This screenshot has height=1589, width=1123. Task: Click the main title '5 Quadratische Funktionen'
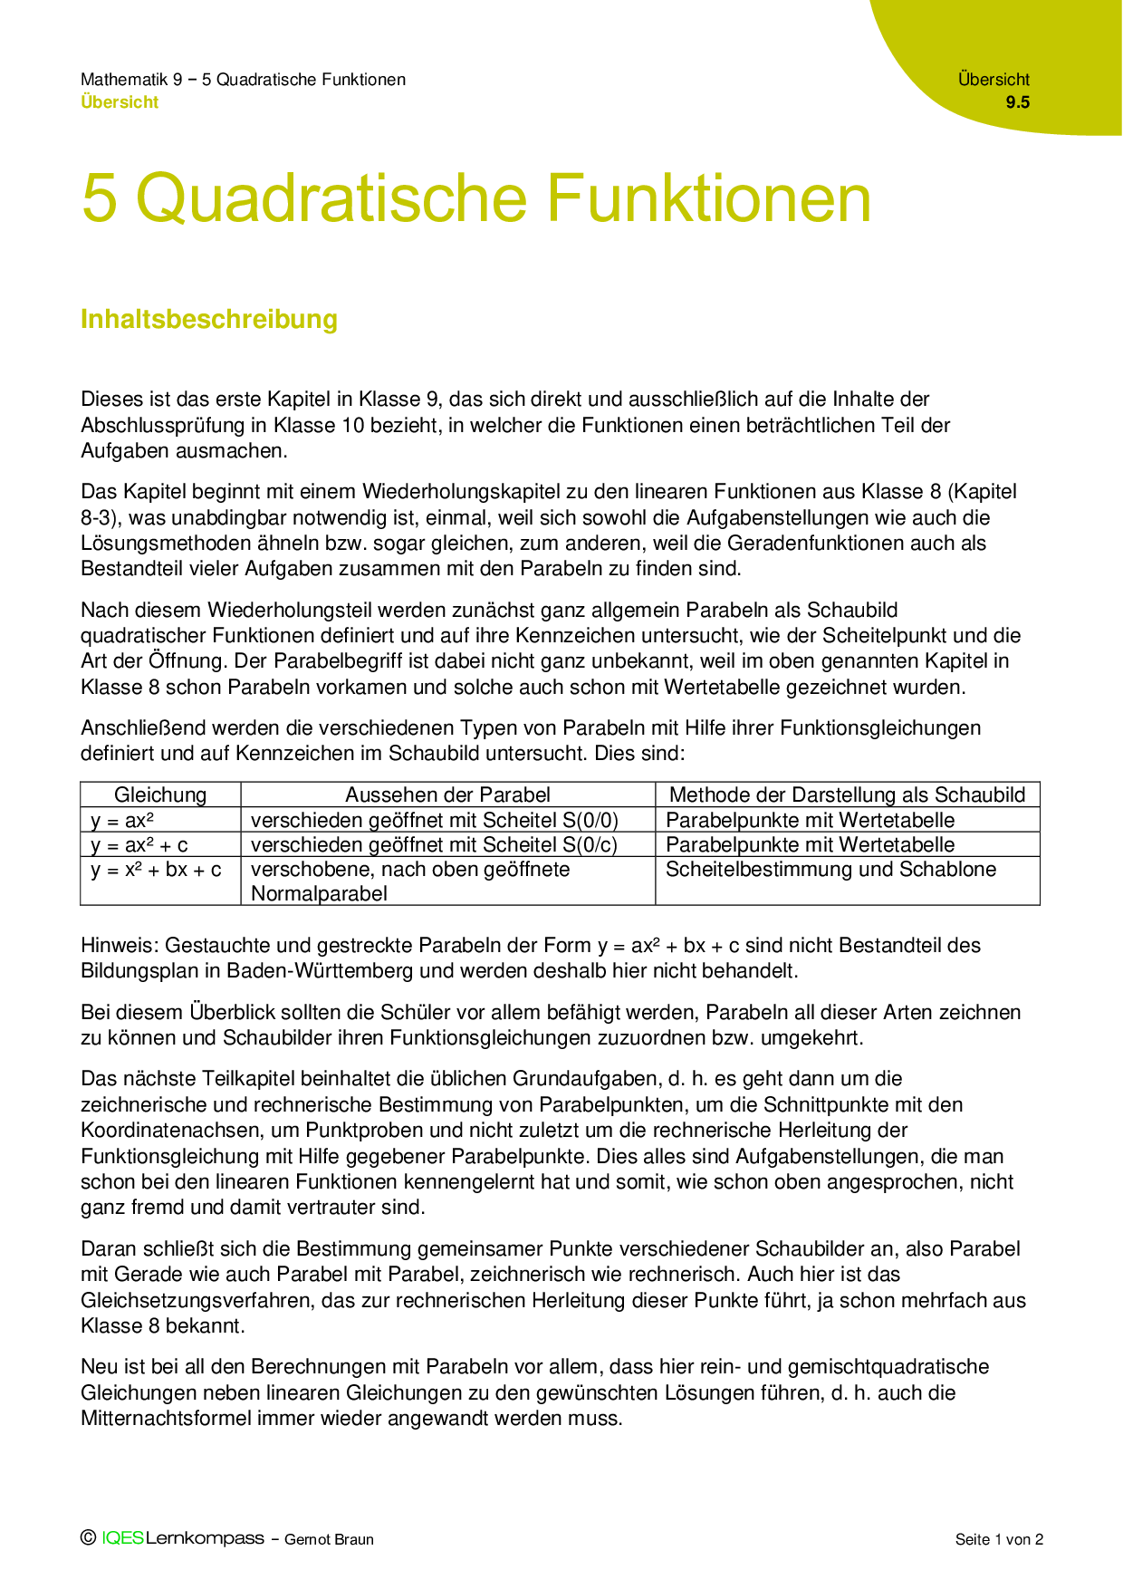475,198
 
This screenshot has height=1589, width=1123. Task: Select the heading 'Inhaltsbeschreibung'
209,319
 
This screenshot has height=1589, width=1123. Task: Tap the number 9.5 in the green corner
1017,102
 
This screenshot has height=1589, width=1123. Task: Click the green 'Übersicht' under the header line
120,102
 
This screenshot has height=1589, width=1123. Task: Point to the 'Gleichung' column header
160,794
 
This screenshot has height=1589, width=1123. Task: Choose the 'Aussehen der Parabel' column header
447,794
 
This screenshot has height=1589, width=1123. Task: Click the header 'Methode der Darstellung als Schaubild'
847,794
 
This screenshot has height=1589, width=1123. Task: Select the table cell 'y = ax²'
121,821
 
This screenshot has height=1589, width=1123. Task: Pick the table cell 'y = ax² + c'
139,845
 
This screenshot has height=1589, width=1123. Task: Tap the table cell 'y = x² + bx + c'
156,870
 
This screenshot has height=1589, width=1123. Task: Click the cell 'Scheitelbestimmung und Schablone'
830,870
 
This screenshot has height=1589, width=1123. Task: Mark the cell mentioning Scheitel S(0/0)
435,821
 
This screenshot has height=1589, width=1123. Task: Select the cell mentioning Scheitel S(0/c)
435,845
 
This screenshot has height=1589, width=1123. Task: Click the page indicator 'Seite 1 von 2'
999,1539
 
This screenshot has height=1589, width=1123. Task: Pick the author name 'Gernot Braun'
329,1539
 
